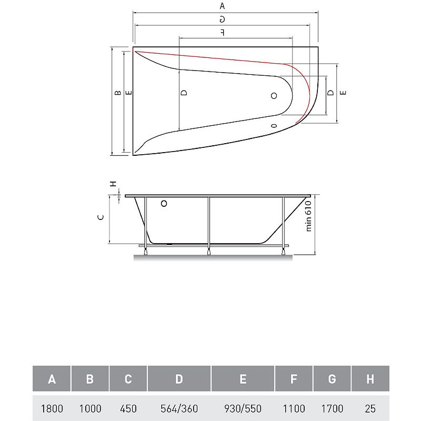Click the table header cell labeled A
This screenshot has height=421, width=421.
[x=52, y=378]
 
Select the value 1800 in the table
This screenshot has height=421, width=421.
[x=52, y=408]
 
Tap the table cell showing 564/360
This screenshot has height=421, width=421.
[x=179, y=408]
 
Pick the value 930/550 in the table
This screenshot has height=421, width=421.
[x=243, y=408]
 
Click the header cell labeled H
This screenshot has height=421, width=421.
[x=370, y=378]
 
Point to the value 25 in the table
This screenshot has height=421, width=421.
[x=370, y=408]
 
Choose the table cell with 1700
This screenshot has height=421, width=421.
[x=332, y=408]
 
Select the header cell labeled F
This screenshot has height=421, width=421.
[x=294, y=378]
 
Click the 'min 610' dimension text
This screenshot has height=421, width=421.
[x=308, y=216]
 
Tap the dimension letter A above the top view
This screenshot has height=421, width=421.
[x=222, y=6]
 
